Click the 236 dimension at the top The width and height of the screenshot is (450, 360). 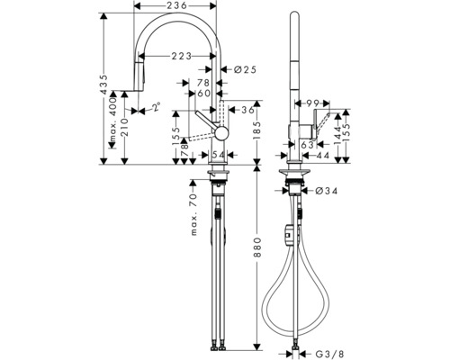[x=176, y=7]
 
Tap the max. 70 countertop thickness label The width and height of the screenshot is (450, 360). [x=193, y=213]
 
